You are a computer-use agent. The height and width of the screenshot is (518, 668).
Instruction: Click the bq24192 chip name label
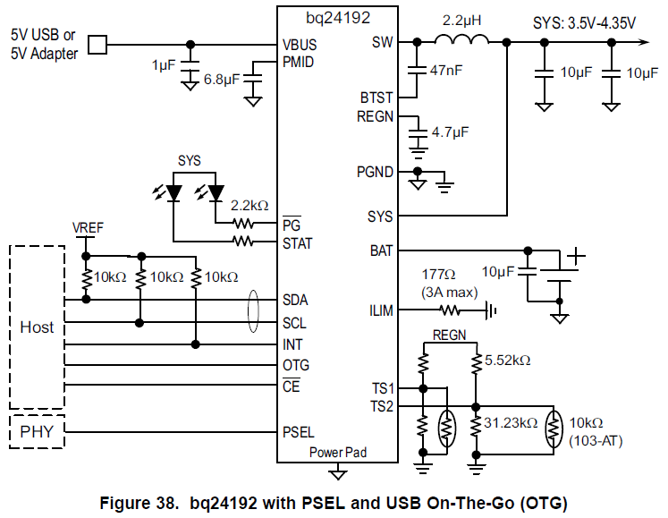pyautogui.click(x=337, y=16)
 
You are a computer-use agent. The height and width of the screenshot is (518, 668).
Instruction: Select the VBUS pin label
pyautogui.click(x=299, y=44)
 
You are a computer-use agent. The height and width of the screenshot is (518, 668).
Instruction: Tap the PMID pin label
pyautogui.click(x=298, y=61)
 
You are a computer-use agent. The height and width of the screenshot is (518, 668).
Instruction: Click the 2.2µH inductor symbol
pyautogui.click(x=461, y=39)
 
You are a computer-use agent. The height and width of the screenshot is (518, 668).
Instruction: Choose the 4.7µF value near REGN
pyautogui.click(x=451, y=132)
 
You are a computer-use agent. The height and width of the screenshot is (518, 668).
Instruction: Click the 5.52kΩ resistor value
pyautogui.click(x=508, y=361)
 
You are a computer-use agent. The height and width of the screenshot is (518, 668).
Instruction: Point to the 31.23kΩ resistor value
pyautogui.click(x=511, y=422)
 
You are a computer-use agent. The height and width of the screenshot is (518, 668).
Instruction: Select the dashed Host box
pyautogui.click(x=37, y=327)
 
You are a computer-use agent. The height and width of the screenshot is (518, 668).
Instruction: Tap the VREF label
pyautogui.click(x=88, y=228)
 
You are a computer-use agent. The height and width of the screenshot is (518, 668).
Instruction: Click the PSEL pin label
pyautogui.click(x=298, y=432)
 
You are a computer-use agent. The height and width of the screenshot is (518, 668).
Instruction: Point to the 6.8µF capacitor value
pyautogui.click(x=220, y=80)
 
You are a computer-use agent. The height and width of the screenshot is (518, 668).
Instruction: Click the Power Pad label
pyautogui.click(x=337, y=452)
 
